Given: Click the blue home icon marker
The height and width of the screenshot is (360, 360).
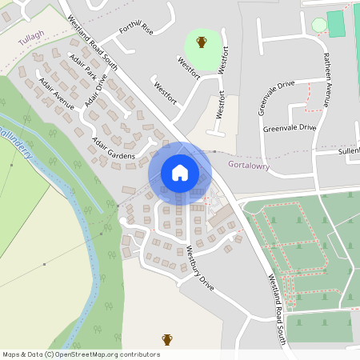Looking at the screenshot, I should [x=180, y=172].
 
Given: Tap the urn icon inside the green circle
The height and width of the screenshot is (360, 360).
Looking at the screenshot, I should [x=202, y=42].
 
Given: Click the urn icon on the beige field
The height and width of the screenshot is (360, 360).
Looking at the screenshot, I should [x=167, y=339].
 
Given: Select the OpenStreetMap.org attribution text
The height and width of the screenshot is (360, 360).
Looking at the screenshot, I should [x=108, y=354].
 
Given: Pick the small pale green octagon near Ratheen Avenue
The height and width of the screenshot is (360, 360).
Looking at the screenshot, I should [x=319, y=25].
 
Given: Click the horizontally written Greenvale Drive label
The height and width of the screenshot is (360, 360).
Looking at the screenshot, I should [x=290, y=128].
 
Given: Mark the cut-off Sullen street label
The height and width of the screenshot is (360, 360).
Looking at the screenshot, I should [x=349, y=150].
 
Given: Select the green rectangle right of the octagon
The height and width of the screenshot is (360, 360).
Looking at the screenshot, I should [x=336, y=23].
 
